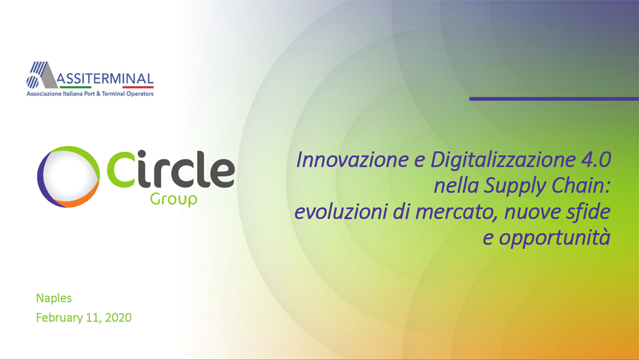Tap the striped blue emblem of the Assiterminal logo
pos(37,75)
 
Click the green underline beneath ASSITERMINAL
pos(75,87)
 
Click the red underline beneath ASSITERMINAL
pos(138,87)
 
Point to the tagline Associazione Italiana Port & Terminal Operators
pos(90,94)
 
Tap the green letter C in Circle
pos(120,169)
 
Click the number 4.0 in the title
pos(596,160)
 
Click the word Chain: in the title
pos(581,185)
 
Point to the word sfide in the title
pos(588,212)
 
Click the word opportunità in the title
pos(554,239)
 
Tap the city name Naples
pos(54,298)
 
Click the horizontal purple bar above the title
pos(554,99)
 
